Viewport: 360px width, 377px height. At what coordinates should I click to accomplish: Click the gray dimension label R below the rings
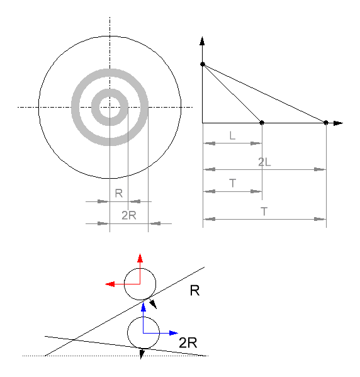point(119,193)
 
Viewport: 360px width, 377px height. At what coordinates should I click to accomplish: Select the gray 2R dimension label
point(129,215)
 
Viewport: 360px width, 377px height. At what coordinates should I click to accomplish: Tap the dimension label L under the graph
point(232,135)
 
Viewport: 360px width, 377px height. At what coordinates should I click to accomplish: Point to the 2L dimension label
point(264,162)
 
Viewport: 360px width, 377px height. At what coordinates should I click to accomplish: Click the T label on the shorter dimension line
point(232,183)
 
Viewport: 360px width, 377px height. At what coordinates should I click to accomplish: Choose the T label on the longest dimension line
point(264,211)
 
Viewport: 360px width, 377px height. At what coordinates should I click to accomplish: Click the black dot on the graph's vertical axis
point(203,64)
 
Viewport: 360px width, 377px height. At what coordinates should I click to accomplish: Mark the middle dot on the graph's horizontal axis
point(262,123)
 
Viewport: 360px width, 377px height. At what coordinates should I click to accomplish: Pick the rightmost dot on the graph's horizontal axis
point(326,123)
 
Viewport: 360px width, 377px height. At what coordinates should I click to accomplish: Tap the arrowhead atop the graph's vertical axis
point(202,41)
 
